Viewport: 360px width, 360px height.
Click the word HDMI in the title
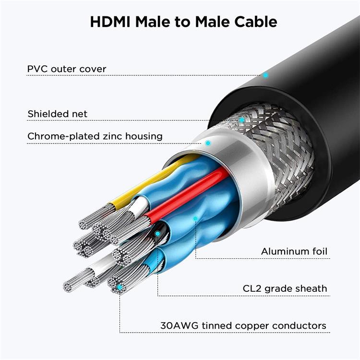110,22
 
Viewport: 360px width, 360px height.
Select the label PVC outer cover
67,69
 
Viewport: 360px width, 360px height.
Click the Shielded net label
58,114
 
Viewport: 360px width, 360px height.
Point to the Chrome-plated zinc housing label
95,136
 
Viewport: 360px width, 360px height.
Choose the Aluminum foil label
294,252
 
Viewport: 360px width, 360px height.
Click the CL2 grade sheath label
285,288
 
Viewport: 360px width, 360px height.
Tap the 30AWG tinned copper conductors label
243,326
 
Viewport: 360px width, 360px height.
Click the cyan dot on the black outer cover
265,75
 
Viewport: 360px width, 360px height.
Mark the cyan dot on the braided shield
241,120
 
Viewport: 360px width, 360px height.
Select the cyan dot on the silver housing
208,143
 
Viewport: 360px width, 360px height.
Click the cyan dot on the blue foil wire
195,218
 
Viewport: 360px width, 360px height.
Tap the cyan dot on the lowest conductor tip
120,287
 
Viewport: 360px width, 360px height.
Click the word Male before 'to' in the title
153,22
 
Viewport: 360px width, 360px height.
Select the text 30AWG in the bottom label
179,326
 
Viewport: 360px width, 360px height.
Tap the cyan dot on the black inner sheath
157,234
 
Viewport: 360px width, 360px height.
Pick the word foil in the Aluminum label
320,252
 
